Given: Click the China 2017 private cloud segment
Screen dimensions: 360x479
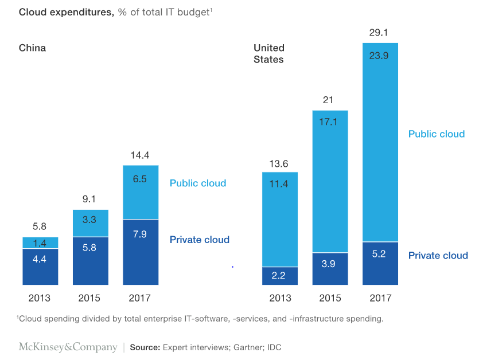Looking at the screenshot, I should click(141, 252).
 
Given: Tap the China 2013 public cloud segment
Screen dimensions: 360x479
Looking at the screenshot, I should click(40, 242).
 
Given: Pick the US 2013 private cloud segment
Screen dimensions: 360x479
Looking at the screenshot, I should click(280, 276).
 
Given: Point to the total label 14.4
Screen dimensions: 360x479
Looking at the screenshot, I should click(141, 155).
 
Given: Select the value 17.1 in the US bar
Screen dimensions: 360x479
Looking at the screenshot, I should click(330, 122).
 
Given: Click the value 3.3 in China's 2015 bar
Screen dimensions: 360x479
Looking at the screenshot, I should click(90, 220).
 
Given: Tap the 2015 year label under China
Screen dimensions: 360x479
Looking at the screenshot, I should click(89, 298).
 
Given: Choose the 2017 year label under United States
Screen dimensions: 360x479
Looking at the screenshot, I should click(380, 298).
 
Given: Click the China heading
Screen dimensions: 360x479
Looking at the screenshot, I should click(32, 48).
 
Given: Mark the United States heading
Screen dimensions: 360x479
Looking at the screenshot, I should click(269, 53).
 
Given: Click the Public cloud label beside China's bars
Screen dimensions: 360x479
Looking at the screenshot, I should click(198, 183).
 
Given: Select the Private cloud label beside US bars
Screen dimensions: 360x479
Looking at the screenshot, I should click(438, 256).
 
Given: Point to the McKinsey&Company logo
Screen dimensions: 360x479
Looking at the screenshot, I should click(68, 347).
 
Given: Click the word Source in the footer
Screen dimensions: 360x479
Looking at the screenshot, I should click(145, 347).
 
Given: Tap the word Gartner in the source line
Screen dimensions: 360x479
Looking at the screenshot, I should click(247, 347).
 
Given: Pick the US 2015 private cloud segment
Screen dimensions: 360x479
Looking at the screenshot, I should click(330, 269).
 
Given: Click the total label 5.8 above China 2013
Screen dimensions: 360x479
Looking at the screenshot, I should click(40, 226).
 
